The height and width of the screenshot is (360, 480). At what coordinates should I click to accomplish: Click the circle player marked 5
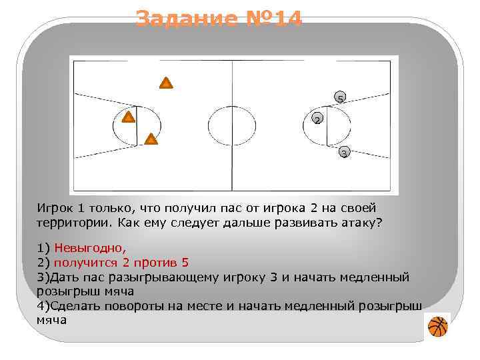click(x=340, y=97)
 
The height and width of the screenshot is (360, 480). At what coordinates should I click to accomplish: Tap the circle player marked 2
click(x=317, y=119)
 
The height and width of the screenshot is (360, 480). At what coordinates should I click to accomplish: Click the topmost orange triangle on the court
click(x=166, y=83)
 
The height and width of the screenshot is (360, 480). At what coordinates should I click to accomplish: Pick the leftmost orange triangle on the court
click(x=129, y=117)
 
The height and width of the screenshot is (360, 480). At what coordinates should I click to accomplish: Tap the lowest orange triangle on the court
click(x=151, y=139)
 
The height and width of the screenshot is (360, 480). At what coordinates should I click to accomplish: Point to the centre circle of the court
click(x=231, y=125)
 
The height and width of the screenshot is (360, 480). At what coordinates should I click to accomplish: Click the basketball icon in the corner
click(x=437, y=327)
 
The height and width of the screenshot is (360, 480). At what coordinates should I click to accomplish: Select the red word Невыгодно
click(x=90, y=248)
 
